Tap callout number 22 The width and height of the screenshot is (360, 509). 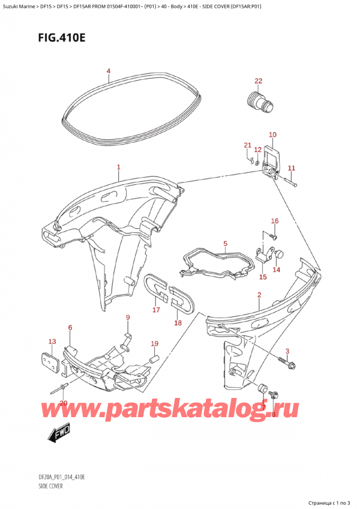click(x=258, y=81)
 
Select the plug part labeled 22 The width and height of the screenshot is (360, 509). click(x=256, y=100)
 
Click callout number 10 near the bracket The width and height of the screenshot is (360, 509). click(x=272, y=134)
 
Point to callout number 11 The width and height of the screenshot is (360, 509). click(x=292, y=167)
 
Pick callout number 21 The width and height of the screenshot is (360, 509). click(x=247, y=146)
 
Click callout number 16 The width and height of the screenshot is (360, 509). click(x=274, y=221)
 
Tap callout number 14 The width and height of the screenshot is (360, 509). click(x=277, y=270)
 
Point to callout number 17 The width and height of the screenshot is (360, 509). click(x=156, y=310)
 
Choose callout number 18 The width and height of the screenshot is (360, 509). click(x=178, y=323)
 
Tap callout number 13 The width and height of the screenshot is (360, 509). click(x=52, y=342)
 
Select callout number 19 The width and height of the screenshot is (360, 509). click(x=154, y=343)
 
